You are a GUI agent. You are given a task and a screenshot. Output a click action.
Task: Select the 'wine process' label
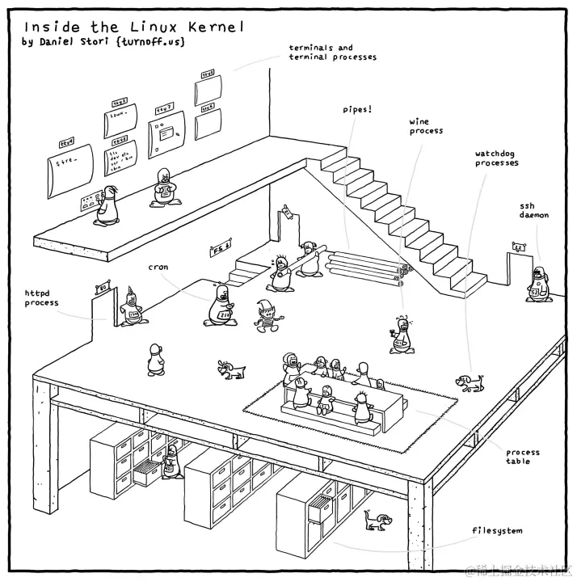[425, 126]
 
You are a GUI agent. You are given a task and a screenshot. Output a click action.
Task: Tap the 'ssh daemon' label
[533, 210]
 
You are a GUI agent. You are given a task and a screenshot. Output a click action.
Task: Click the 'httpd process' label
[41, 298]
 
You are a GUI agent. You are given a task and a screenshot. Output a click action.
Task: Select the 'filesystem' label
[497, 531]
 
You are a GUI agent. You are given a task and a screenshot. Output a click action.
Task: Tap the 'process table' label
[522, 457]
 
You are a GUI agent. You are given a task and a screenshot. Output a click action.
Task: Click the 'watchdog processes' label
[496, 158]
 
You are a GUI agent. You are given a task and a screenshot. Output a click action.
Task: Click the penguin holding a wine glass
[401, 335]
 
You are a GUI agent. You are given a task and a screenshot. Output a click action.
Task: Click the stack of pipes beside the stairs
[366, 267]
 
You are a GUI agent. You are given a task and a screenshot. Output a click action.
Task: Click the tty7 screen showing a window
[166, 130]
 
